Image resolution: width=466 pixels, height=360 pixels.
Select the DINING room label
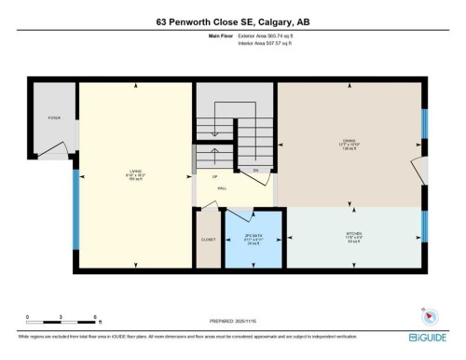[x=350, y=142]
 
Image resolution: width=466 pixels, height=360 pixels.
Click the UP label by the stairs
[x=214, y=175]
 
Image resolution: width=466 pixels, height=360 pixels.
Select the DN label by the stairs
[x=255, y=172]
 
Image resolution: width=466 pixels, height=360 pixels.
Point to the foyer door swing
[x=60, y=149]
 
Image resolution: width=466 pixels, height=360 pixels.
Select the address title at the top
[x=232, y=23]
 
